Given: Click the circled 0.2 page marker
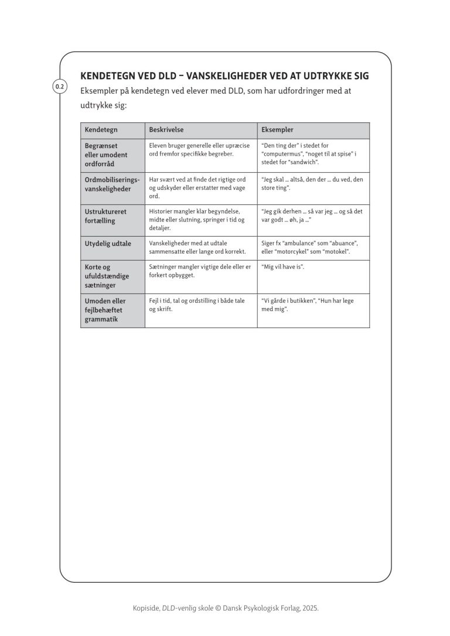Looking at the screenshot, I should click(60, 87).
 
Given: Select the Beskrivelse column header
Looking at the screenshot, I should click(166, 130).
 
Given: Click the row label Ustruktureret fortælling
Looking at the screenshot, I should click(105, 216).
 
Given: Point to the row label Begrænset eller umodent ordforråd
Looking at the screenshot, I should click(105, 155).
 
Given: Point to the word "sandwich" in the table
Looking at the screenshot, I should click(302, 162).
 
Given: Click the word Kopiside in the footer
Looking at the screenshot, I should click(145, 608).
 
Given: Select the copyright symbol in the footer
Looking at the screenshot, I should click(219, 608).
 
